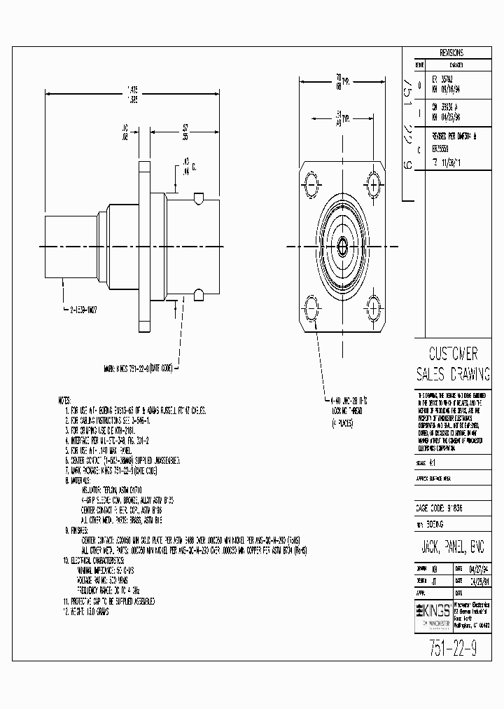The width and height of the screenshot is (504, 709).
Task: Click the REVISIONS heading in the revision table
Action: pos(451,53)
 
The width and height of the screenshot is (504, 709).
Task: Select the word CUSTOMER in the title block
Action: pos(452,353)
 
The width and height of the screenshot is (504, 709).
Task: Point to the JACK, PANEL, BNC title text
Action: pos(453,546)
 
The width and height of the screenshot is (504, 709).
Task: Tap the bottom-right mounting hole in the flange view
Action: pos(374,305)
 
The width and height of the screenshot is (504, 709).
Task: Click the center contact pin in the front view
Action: pos(342,245)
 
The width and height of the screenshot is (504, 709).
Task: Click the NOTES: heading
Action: pos(65,398)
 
